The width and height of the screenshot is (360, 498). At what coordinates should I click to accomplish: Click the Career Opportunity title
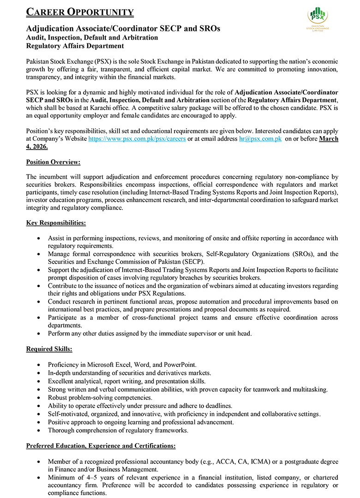[x=80, y=12]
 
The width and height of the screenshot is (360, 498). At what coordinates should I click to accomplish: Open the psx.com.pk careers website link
[x=137, y=139]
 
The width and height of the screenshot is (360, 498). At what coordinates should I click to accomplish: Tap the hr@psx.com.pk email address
[x=260, y=139]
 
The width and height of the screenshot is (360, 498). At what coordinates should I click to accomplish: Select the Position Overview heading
[x=53, y=162]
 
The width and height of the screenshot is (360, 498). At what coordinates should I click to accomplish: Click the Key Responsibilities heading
[x=56, y=223]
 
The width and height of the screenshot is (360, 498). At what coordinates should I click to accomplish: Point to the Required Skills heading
[x=49, y=349]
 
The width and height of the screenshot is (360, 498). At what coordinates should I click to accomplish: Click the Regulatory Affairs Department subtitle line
[x=75, y=46]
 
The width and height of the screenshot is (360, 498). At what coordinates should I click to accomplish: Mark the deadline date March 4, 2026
[x=329, y=139]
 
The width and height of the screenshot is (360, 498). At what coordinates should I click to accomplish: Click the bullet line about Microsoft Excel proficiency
[x=122, y=365]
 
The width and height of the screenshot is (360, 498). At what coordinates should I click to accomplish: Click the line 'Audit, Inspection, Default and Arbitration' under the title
[x=92, y=37]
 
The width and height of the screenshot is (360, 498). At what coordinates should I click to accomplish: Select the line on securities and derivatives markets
[x=129, y=373]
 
